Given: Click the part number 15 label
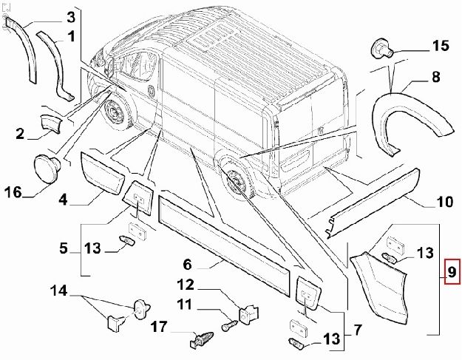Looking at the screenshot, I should pos(440,47).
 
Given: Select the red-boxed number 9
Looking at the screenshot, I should pos(450,274).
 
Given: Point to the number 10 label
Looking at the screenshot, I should pos(444,201).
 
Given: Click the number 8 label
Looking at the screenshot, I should pos(435,76).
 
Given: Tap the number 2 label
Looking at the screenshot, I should pos(20,134).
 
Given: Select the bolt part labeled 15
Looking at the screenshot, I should pos(381,48).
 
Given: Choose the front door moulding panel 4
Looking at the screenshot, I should pos(103,172).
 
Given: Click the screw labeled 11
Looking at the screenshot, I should pos(228,324).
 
